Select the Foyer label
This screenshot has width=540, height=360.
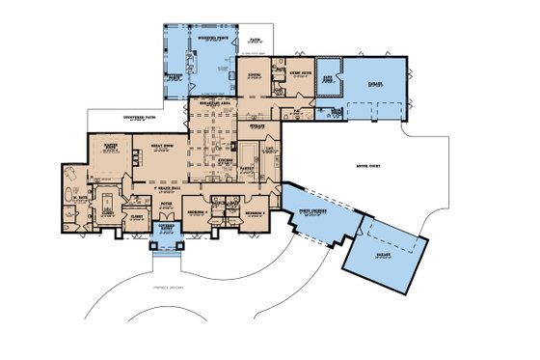[166, 204]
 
